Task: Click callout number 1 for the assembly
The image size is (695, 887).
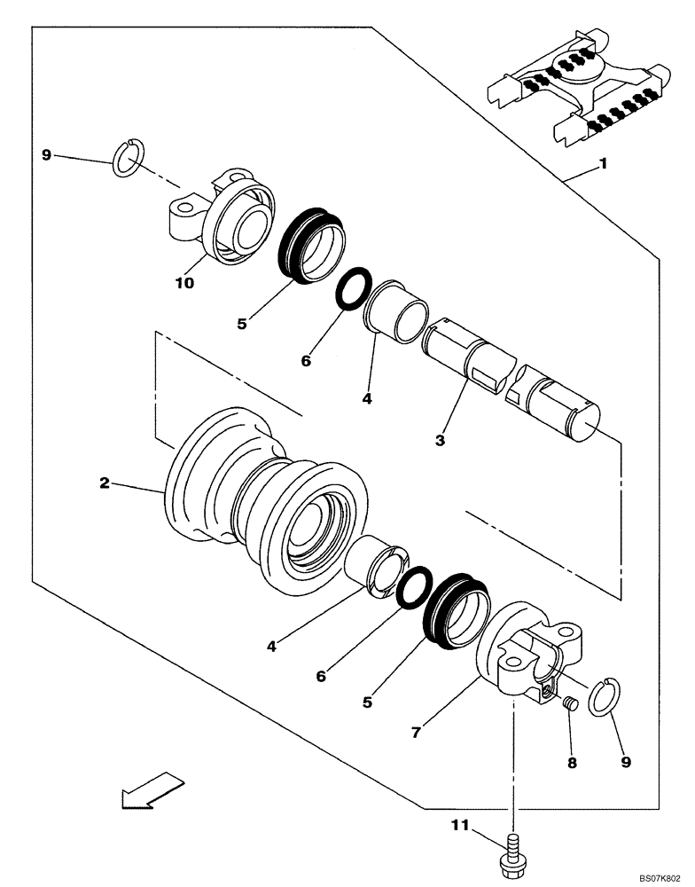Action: point(604,164)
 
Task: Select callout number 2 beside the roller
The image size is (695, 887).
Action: point(105,483)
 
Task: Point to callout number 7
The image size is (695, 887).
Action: point(416,734)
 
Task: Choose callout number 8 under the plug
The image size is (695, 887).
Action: point(571,762)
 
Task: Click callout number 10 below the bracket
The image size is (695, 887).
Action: point(184,283)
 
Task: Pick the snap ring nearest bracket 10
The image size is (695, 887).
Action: point(129,157)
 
